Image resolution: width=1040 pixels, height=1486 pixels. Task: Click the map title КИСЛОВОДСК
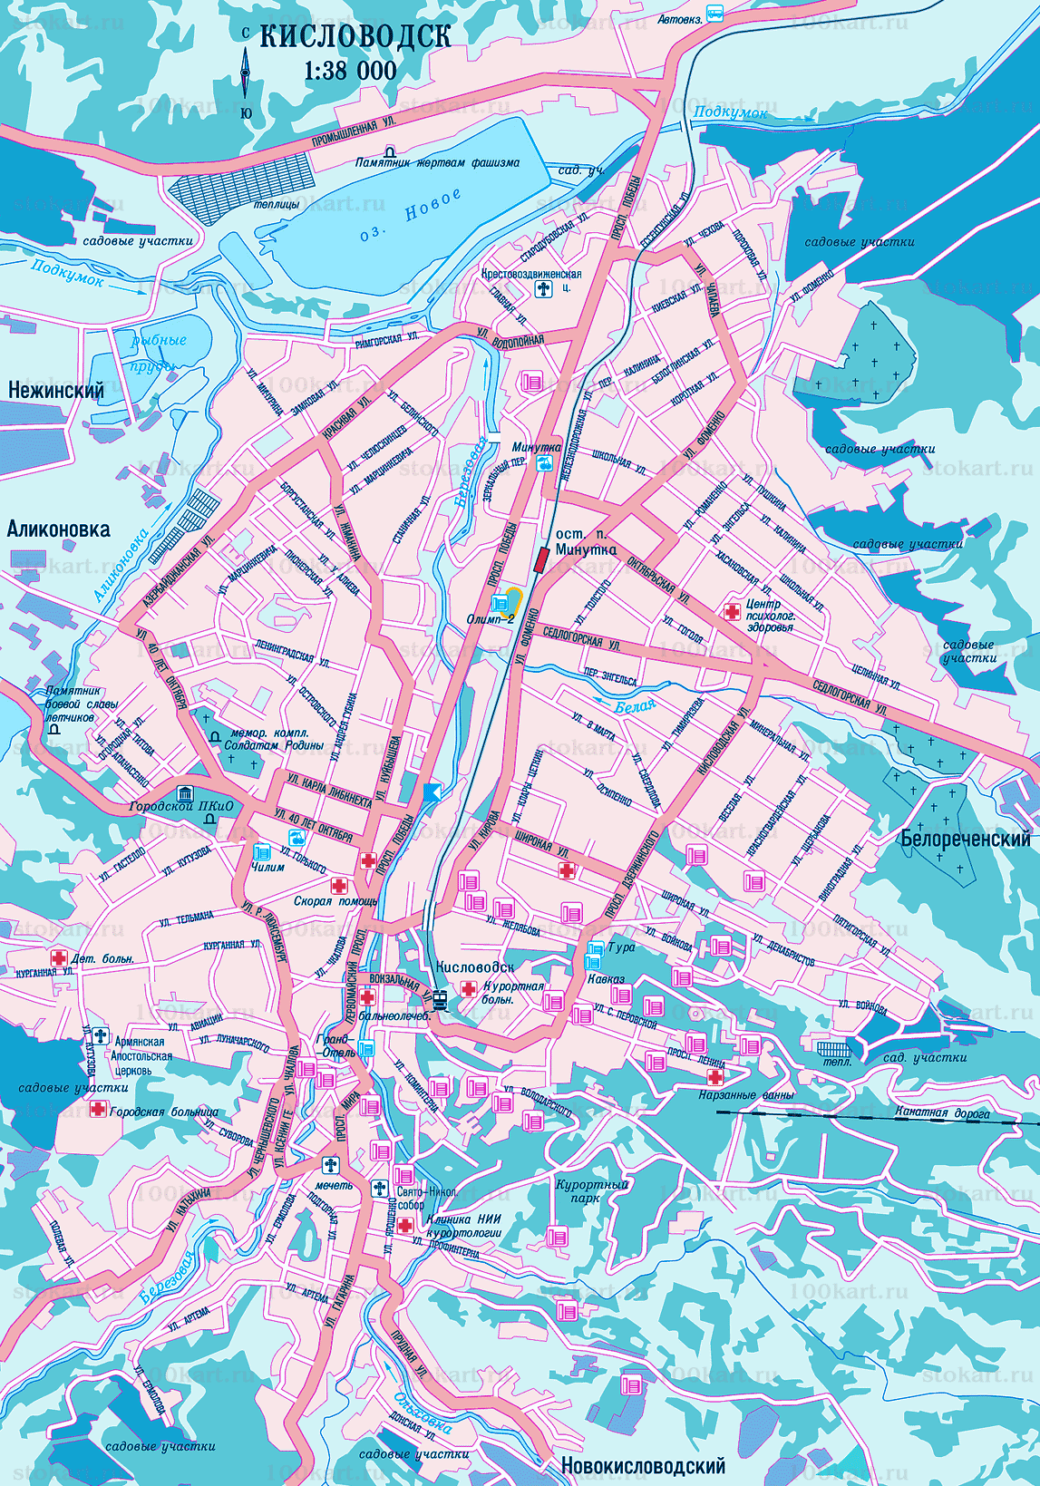[x=355, y=36]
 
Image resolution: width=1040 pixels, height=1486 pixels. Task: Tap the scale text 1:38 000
[x=350, y=71]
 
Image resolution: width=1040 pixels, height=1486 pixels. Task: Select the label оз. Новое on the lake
[x=410, y=216]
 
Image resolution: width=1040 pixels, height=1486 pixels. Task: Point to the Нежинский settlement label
[x=56, y=390]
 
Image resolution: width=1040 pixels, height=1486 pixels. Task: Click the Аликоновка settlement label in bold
[x=59, y=529]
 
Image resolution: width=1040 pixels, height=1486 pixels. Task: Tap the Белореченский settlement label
[x=965, y=839]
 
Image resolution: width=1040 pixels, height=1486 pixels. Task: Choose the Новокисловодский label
[x=642, y=1465]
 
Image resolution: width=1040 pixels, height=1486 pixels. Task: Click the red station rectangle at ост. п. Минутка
[x=541, y=559]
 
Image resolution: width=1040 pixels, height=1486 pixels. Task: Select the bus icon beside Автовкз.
[x=715, y=14]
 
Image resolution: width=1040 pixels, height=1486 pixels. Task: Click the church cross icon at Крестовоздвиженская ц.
[x=543, y=289]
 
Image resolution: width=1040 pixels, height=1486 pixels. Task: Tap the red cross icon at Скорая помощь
[x=339, y=886]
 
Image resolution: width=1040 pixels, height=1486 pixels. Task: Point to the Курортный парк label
[x=591, y=1190]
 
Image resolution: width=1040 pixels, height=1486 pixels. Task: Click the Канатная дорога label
[x=942, y=1112]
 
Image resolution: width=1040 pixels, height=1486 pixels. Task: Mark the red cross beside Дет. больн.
[x=58, y=957]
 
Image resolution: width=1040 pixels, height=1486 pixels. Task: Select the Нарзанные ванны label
[x=746, y=1094]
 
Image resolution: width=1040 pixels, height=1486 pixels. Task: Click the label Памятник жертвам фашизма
[x=437, y=163]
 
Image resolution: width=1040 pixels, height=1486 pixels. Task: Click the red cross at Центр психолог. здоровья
[x=731, y=611]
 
